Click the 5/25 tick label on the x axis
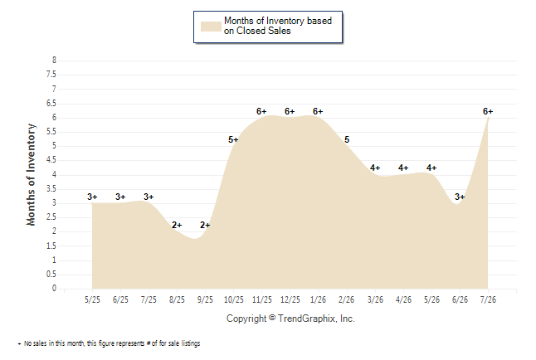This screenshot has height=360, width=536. (92, 299)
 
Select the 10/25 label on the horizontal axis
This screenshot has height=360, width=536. (234, 299)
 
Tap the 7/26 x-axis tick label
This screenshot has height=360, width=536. (488, 299)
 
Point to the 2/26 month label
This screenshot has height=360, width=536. (346, 299)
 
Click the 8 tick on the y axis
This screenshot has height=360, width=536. (54, 61)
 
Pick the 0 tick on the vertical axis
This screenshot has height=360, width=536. (54, 288)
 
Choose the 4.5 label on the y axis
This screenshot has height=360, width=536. (51, 160)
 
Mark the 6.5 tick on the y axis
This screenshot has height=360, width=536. (51, 103)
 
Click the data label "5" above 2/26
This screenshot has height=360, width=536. (347, 139)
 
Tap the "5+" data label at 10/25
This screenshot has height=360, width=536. (233, 139)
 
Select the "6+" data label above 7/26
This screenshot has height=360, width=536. (488, 111)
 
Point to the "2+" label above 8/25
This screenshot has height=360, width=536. (177, 225)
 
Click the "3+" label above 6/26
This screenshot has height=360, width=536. (460, 197)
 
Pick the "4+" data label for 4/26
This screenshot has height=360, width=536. (403, 168)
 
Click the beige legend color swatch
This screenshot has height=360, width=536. (211, 27)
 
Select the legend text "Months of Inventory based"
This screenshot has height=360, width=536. (278, 21)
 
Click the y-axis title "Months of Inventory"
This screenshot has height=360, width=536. (31, 175)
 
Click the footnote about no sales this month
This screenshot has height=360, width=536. (109, 343)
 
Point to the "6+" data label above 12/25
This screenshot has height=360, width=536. (290, 111)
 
